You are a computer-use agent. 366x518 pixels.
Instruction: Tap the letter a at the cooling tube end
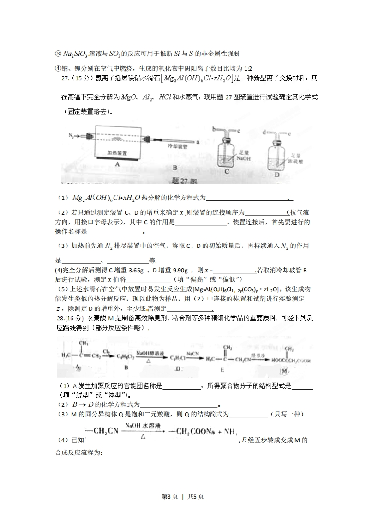(198, 142)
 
